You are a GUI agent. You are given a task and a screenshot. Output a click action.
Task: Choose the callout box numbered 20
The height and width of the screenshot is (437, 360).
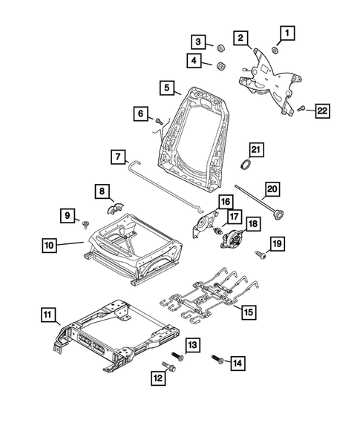pyautogui.click(x=272, y=188)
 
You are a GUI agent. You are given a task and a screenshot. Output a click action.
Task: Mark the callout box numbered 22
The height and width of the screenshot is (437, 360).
pyautogui.click(x=323, y=111)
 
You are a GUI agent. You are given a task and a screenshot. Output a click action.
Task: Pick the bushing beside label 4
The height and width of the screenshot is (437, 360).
pyautogui.click(x=220, y=67)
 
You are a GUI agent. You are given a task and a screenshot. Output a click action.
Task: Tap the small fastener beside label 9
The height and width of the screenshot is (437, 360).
pyautogui.click(x=87, y=222)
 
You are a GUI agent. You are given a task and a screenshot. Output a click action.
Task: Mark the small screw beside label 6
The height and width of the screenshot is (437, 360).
pyautogui.click(x=159, y=119)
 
